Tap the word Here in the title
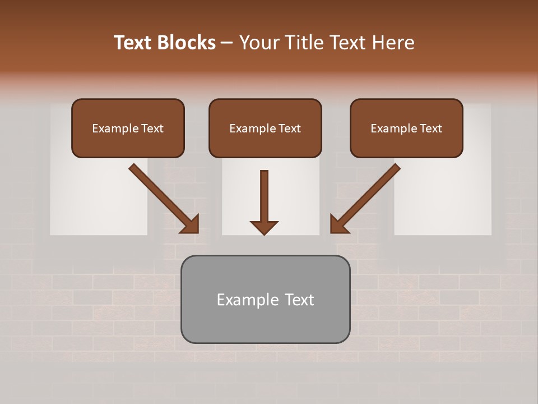pos(393,43)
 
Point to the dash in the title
pos(227,43)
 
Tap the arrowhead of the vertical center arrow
pos(264,227)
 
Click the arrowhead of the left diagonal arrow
pos(191,224)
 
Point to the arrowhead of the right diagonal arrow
pos(338,224)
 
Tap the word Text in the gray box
pos(299,300)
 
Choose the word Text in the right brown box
pos(430,128)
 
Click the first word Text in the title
pos(134,43)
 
